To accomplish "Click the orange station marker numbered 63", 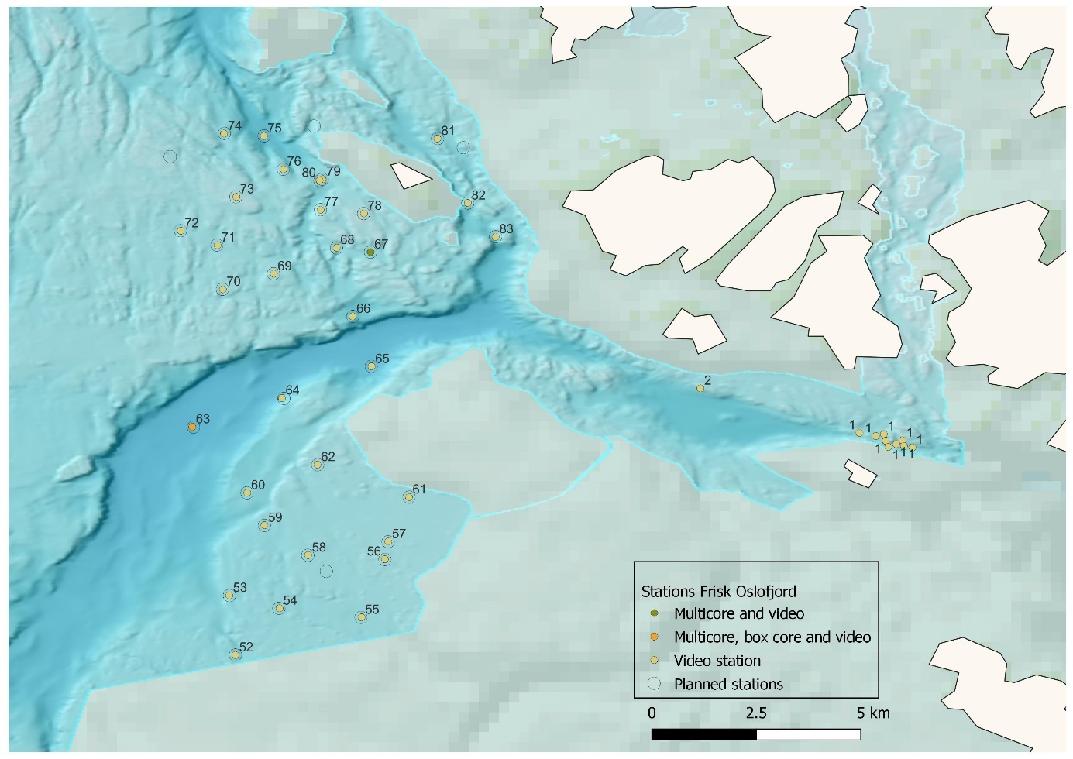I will (x=192, y=428).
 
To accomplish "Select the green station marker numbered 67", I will (x=370, y=252).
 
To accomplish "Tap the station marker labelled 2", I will (x=700, y=389).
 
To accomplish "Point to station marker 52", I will (x=236, y=655).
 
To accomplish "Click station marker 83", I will (x=496, y=237).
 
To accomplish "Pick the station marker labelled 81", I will (x=437, y=139).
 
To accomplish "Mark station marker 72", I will (x=181, y=231).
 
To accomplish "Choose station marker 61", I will (x=409, y=497).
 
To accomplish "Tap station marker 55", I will (x=361, y=617).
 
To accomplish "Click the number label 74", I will (x=235, y=126).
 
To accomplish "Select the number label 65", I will (x=382, y=359).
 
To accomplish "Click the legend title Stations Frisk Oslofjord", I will (x=718, y=592).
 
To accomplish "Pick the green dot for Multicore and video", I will (x=655, y=613).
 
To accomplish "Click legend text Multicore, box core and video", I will (x=772, y=637).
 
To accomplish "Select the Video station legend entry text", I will (x=717, y=661).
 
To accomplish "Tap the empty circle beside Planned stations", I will (x=655, y=684).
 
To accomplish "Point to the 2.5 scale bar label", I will (x=756, y=713).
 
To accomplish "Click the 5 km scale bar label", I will (x=873, y=713).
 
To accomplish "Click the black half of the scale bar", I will (x=703, y=734).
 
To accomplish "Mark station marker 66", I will (x=352, y=317).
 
